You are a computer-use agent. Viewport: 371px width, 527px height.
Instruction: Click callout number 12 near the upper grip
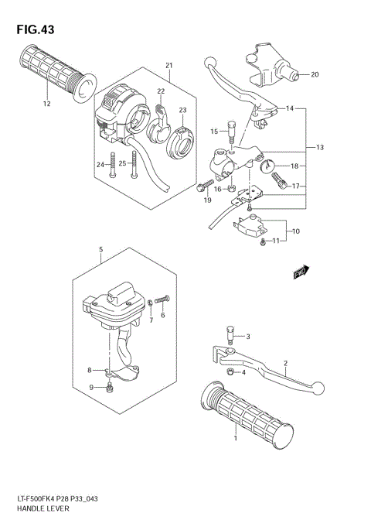[x=46, y=104]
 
